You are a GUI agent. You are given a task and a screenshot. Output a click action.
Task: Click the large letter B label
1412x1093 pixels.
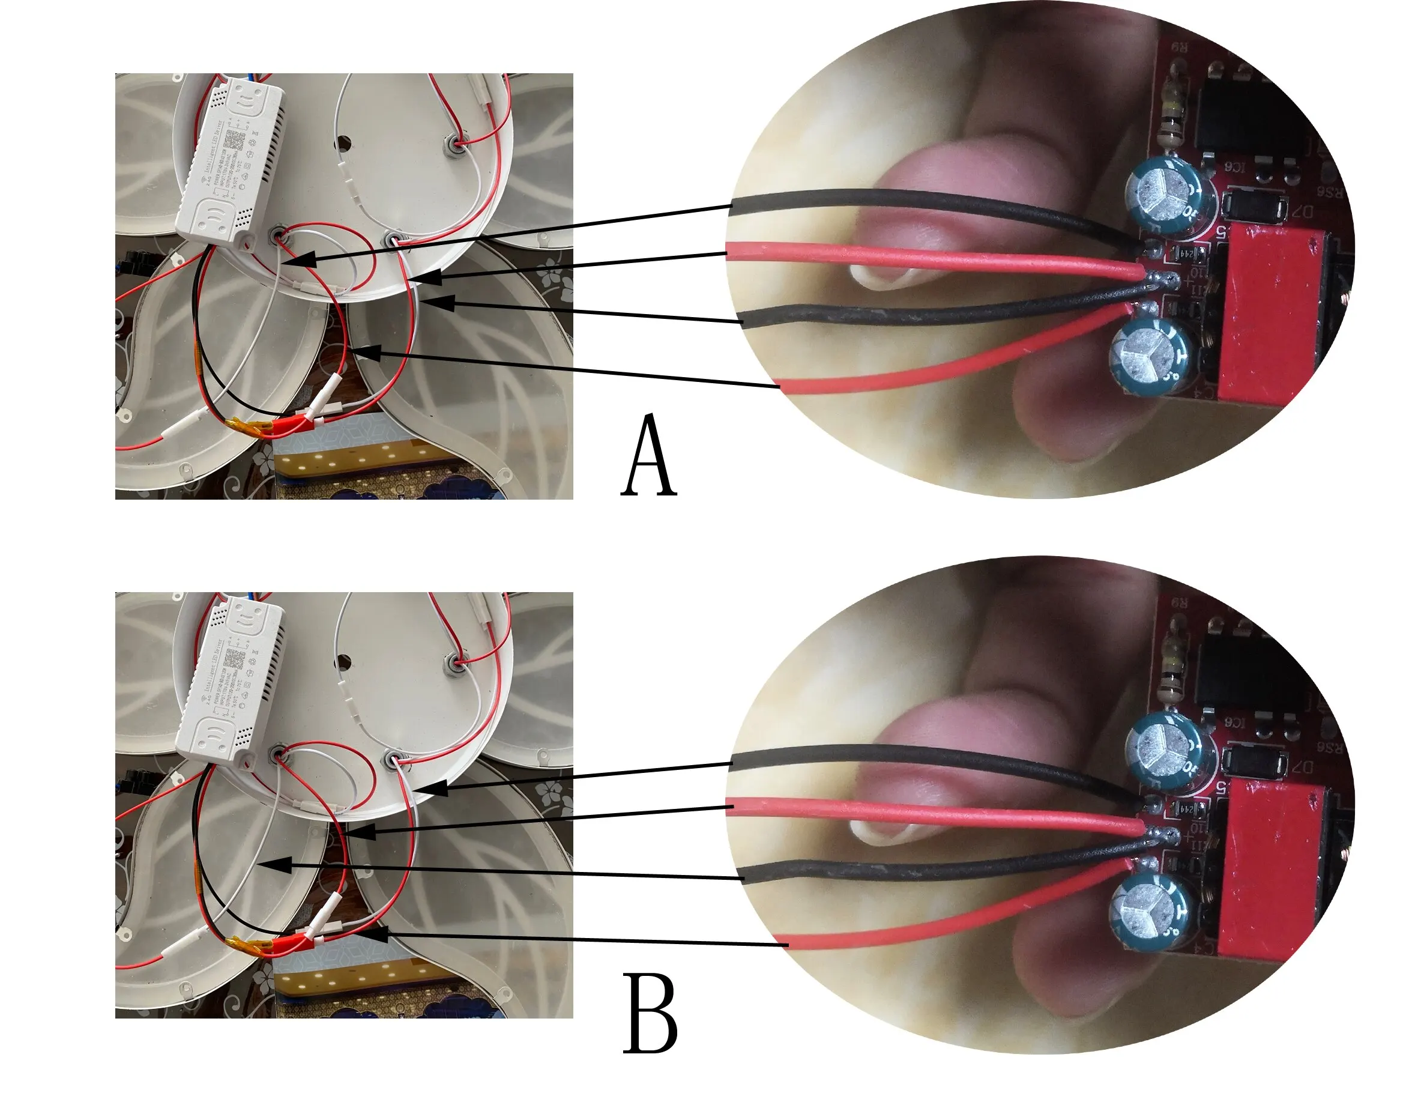click(x=650, y=1015)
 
